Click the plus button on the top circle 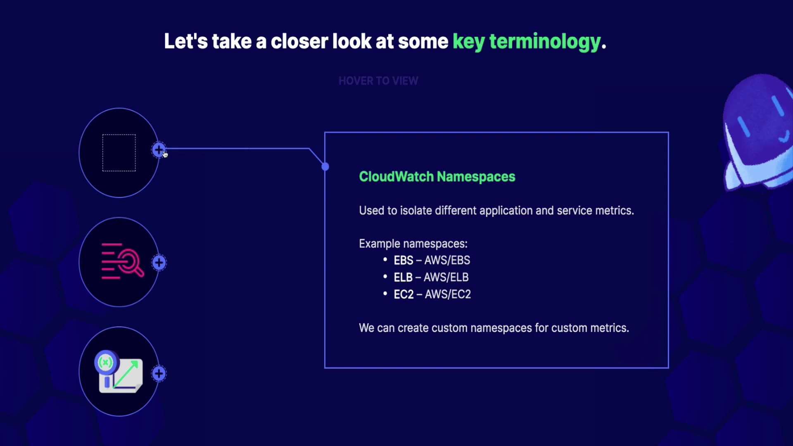pos(159,150)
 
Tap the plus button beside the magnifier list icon pos(159,263)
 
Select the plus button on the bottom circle pos(159,374)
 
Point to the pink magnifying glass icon pos(123,261)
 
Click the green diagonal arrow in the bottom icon pos(126,374)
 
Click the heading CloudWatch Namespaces pos(437,177)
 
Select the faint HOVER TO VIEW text pos(378,81)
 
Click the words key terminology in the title pos(527,42)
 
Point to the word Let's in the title pos(186,41)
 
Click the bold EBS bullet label pos(403,261)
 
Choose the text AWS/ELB pos(446,278)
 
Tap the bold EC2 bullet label pos(404,294)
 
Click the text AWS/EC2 pos(448,294)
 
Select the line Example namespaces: pos(413,244)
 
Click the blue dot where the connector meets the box pos(325,166)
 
